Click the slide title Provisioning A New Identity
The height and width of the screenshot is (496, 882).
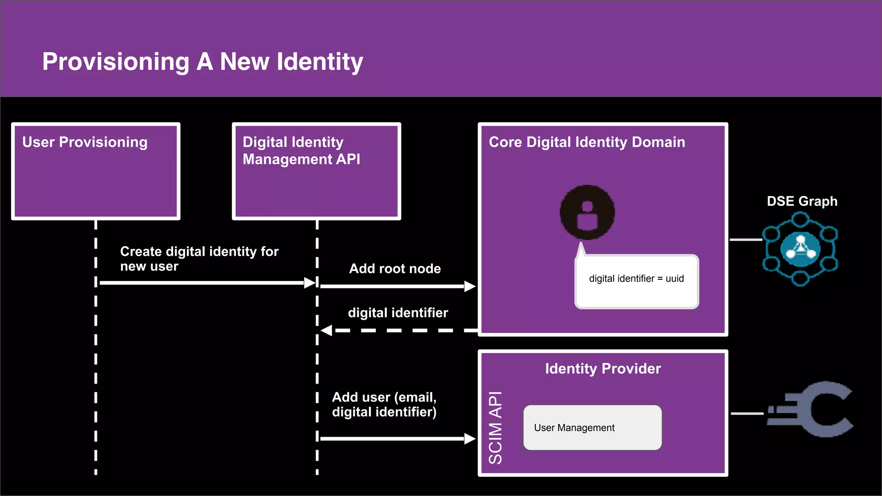(x=202, y=62)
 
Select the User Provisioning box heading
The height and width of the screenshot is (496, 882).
(x=85, y=142)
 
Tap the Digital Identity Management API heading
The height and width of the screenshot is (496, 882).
(x=301, y=151)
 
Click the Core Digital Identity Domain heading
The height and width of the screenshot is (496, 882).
(x=587, y=142)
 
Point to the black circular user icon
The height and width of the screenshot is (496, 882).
(x=587, y=212)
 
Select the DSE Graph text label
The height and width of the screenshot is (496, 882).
(x=802, y=201)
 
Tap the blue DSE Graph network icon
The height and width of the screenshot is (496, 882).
(x=800, y=249)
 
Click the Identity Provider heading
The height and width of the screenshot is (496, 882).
(x=602, y=369)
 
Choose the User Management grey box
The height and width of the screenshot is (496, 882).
(x=592, y=428)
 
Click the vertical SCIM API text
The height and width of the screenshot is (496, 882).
(x=496, y=428)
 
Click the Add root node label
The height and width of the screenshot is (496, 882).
(x=395, y=269)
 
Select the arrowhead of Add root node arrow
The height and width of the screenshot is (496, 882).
(x=470, y=286)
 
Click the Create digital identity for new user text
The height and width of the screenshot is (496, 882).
(x=199, y=258)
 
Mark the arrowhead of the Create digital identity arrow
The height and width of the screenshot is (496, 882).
(x=310, y=283)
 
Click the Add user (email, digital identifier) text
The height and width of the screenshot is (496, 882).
(x=384, y=404)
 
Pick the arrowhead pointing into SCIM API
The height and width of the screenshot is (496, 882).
(x=470, y=439)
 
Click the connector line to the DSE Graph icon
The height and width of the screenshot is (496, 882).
(x=745, y=240)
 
